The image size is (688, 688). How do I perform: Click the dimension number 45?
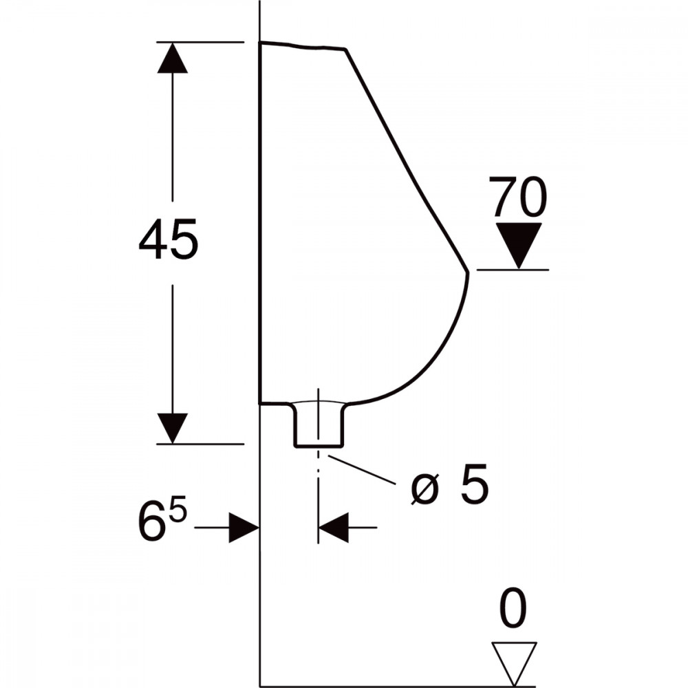[x=169, y=239]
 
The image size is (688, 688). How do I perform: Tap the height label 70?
[x=518, y=197]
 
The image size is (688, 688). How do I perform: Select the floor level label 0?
[x=513, y=609]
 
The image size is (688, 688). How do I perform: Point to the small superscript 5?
[x=178, y=508]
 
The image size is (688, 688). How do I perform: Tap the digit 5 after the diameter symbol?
[x=475, y=483]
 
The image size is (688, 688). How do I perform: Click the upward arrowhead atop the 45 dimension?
[x=173, y=58]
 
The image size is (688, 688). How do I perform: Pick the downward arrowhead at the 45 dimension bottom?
[x=173, y=428]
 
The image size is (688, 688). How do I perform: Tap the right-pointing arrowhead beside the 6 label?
[x=244, y=527]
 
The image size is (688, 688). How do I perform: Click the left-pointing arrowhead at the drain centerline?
[x=334, y=527]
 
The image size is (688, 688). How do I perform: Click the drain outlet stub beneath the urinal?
[x=319, y=424]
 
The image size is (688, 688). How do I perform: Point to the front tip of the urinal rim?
[x=468, y=272]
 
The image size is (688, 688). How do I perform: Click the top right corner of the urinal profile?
[x=346, y=49]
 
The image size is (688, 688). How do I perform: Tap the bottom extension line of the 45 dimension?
[x=200, y=444]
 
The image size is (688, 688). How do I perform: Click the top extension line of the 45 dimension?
[x=200, y=42]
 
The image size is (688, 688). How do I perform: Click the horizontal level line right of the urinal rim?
[x=513, y=270]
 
